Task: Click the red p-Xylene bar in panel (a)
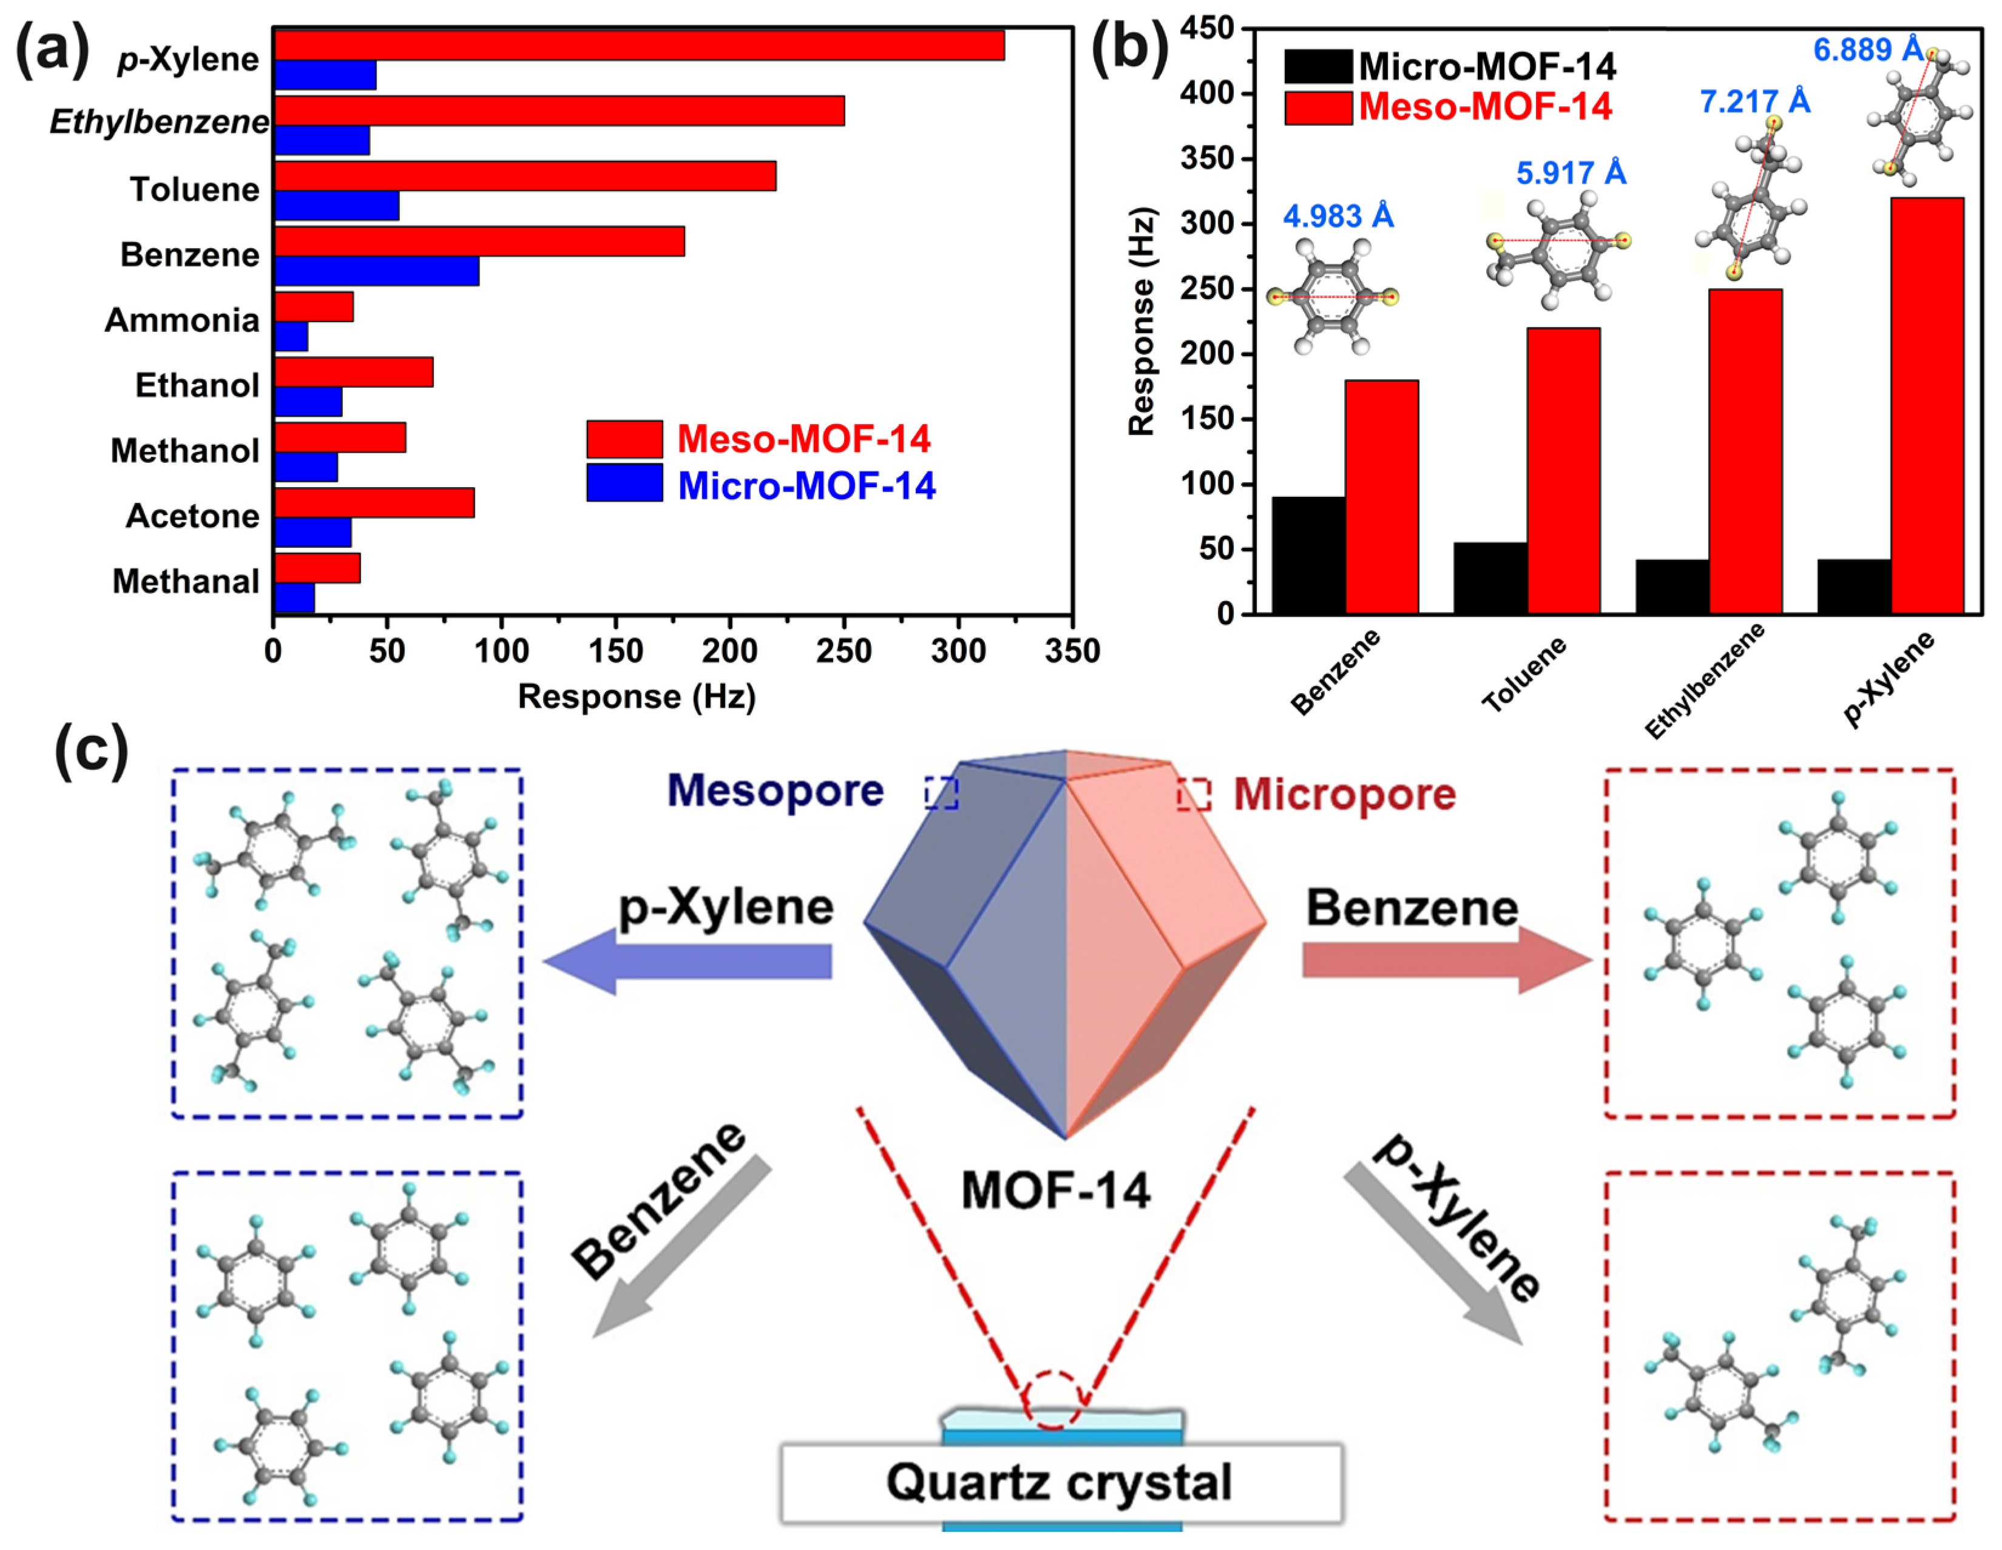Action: click(639, 45)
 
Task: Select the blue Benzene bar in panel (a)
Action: click(376, 271)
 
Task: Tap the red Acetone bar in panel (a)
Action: click(374, 502)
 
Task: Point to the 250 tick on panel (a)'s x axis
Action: click(844, 651)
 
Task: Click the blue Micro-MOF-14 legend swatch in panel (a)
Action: click(624, 483)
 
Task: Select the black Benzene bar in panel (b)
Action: click(1308, 554)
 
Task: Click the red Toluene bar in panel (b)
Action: click(1563, 470)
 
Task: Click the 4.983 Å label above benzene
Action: click(1337, 217)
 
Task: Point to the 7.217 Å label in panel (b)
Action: click(1754, 101)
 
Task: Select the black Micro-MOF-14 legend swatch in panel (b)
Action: click(1318, 66)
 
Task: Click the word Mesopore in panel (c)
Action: click(774, 790)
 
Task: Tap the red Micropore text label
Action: click(1344, 794)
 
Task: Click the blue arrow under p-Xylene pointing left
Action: click(688, 960)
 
